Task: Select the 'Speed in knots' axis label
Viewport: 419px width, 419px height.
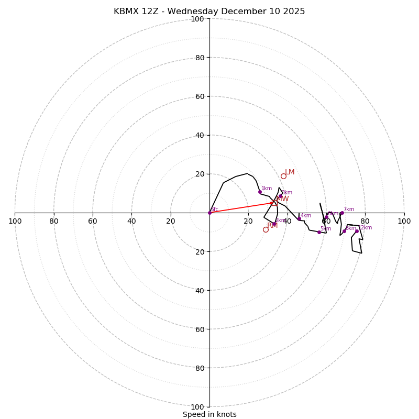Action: coord(210,414)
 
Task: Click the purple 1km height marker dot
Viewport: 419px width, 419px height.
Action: coord(260,192)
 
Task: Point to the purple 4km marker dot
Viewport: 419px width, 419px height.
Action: coord(299,219)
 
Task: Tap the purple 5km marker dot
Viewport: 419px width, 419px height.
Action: coord(319,232)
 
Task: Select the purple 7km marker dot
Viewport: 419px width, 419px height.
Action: coord(342,213)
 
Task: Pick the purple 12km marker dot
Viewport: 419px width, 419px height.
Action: coord(357,231)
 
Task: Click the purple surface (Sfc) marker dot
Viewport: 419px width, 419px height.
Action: coord(210,213)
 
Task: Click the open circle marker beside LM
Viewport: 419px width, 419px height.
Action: coord(283,176)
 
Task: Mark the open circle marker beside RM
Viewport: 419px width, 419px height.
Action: coord(266,229)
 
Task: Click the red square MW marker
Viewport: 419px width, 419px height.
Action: coord(274,203)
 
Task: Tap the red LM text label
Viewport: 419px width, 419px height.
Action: coord(290,172)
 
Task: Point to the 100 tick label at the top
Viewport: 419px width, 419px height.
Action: coord(197,19)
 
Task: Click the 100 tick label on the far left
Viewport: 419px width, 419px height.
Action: coord(15,221)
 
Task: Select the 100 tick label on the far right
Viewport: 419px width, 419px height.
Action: coord(404,221)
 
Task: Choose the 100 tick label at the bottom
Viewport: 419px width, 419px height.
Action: coord(197,407)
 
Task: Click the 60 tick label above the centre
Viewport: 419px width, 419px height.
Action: coord(200,96)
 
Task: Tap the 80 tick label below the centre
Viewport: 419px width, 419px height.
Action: coord(200,368)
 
